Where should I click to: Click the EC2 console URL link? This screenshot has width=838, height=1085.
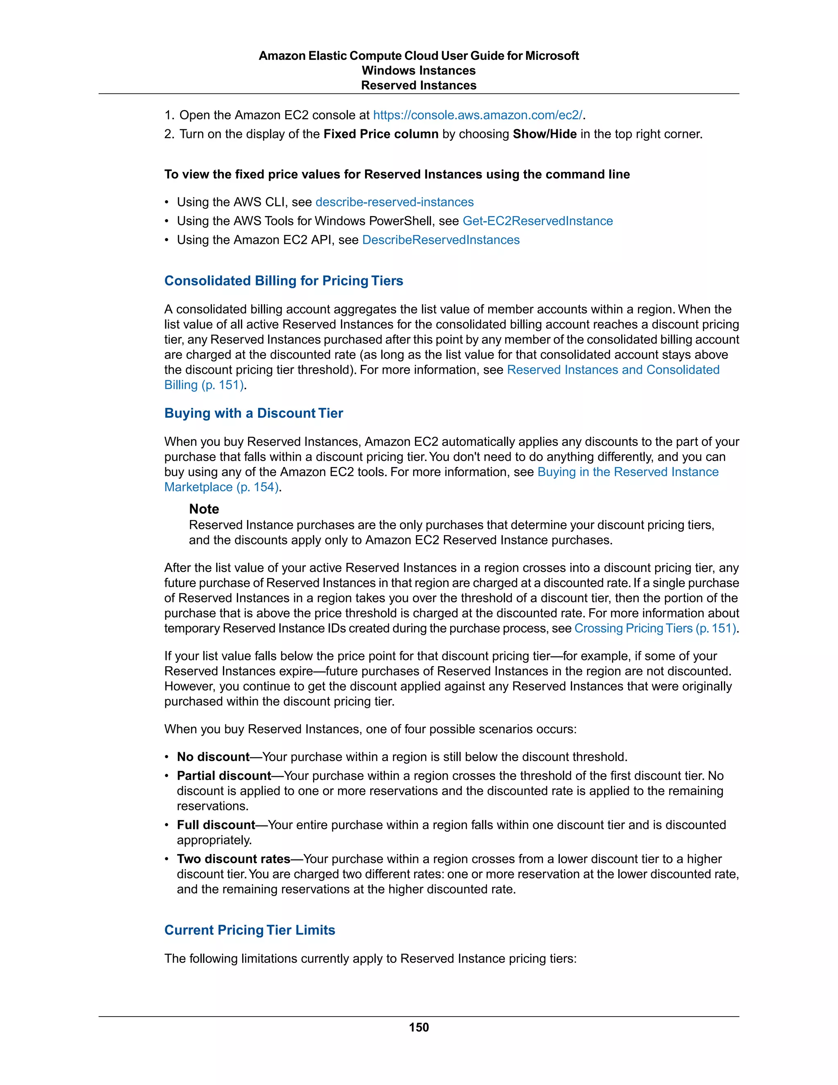point(478,115)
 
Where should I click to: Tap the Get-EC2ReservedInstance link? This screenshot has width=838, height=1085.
point(537,221)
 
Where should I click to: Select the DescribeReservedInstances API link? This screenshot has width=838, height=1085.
point(440,240)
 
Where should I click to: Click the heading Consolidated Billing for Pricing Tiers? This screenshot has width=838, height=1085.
point(284,281)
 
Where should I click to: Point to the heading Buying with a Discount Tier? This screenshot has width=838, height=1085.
point(254,414)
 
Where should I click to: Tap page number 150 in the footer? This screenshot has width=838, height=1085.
point(419,1027)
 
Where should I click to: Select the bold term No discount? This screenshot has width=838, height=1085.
point(213,757)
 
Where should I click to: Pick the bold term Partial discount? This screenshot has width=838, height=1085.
point(224,775)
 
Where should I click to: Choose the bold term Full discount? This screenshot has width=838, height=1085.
point(216,825)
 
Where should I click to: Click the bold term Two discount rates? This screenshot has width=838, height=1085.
point(233,859)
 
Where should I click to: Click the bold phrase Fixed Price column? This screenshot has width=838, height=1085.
point(381,134)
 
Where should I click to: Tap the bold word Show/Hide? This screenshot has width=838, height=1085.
point(545,134)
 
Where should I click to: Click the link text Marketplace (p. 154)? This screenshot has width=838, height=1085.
point(221,487)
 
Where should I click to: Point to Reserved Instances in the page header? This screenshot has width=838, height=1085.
point(419,86)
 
